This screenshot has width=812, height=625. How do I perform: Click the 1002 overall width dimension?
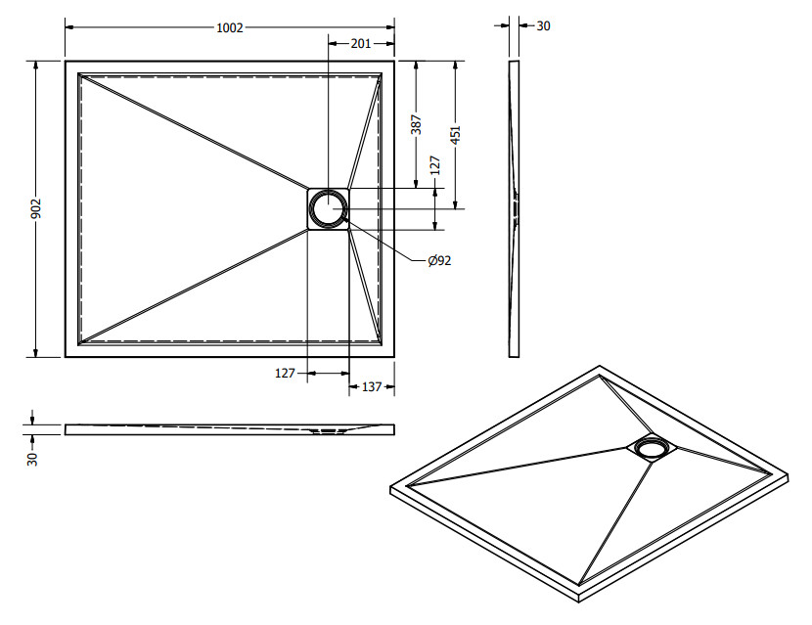pos(230,28)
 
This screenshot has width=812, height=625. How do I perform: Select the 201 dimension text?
pos(360,43)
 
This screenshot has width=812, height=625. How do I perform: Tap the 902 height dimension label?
pos(36,208)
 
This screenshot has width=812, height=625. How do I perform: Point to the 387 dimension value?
pos(416,124)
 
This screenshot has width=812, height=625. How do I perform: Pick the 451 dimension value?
pos(455,134)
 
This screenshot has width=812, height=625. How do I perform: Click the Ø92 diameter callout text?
pos(439,260)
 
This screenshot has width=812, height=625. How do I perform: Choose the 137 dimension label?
pos(372,387)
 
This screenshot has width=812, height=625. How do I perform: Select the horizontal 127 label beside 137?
pos(286,373)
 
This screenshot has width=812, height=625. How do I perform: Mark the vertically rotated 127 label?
pos(435,167)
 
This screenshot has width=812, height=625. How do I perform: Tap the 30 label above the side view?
pos(544,26)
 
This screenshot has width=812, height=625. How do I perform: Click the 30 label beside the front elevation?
pos(32,458)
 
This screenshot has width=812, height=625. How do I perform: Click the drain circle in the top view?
pos(329,208)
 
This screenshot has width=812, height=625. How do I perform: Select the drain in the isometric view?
pos(650,448)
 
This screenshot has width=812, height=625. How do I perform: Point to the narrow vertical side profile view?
pos(515,208)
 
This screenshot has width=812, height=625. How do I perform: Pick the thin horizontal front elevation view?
pos(230,429)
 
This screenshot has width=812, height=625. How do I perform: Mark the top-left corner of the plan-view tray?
pos(67,62)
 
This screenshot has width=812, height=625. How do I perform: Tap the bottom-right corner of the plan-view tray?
pos(394,356)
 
